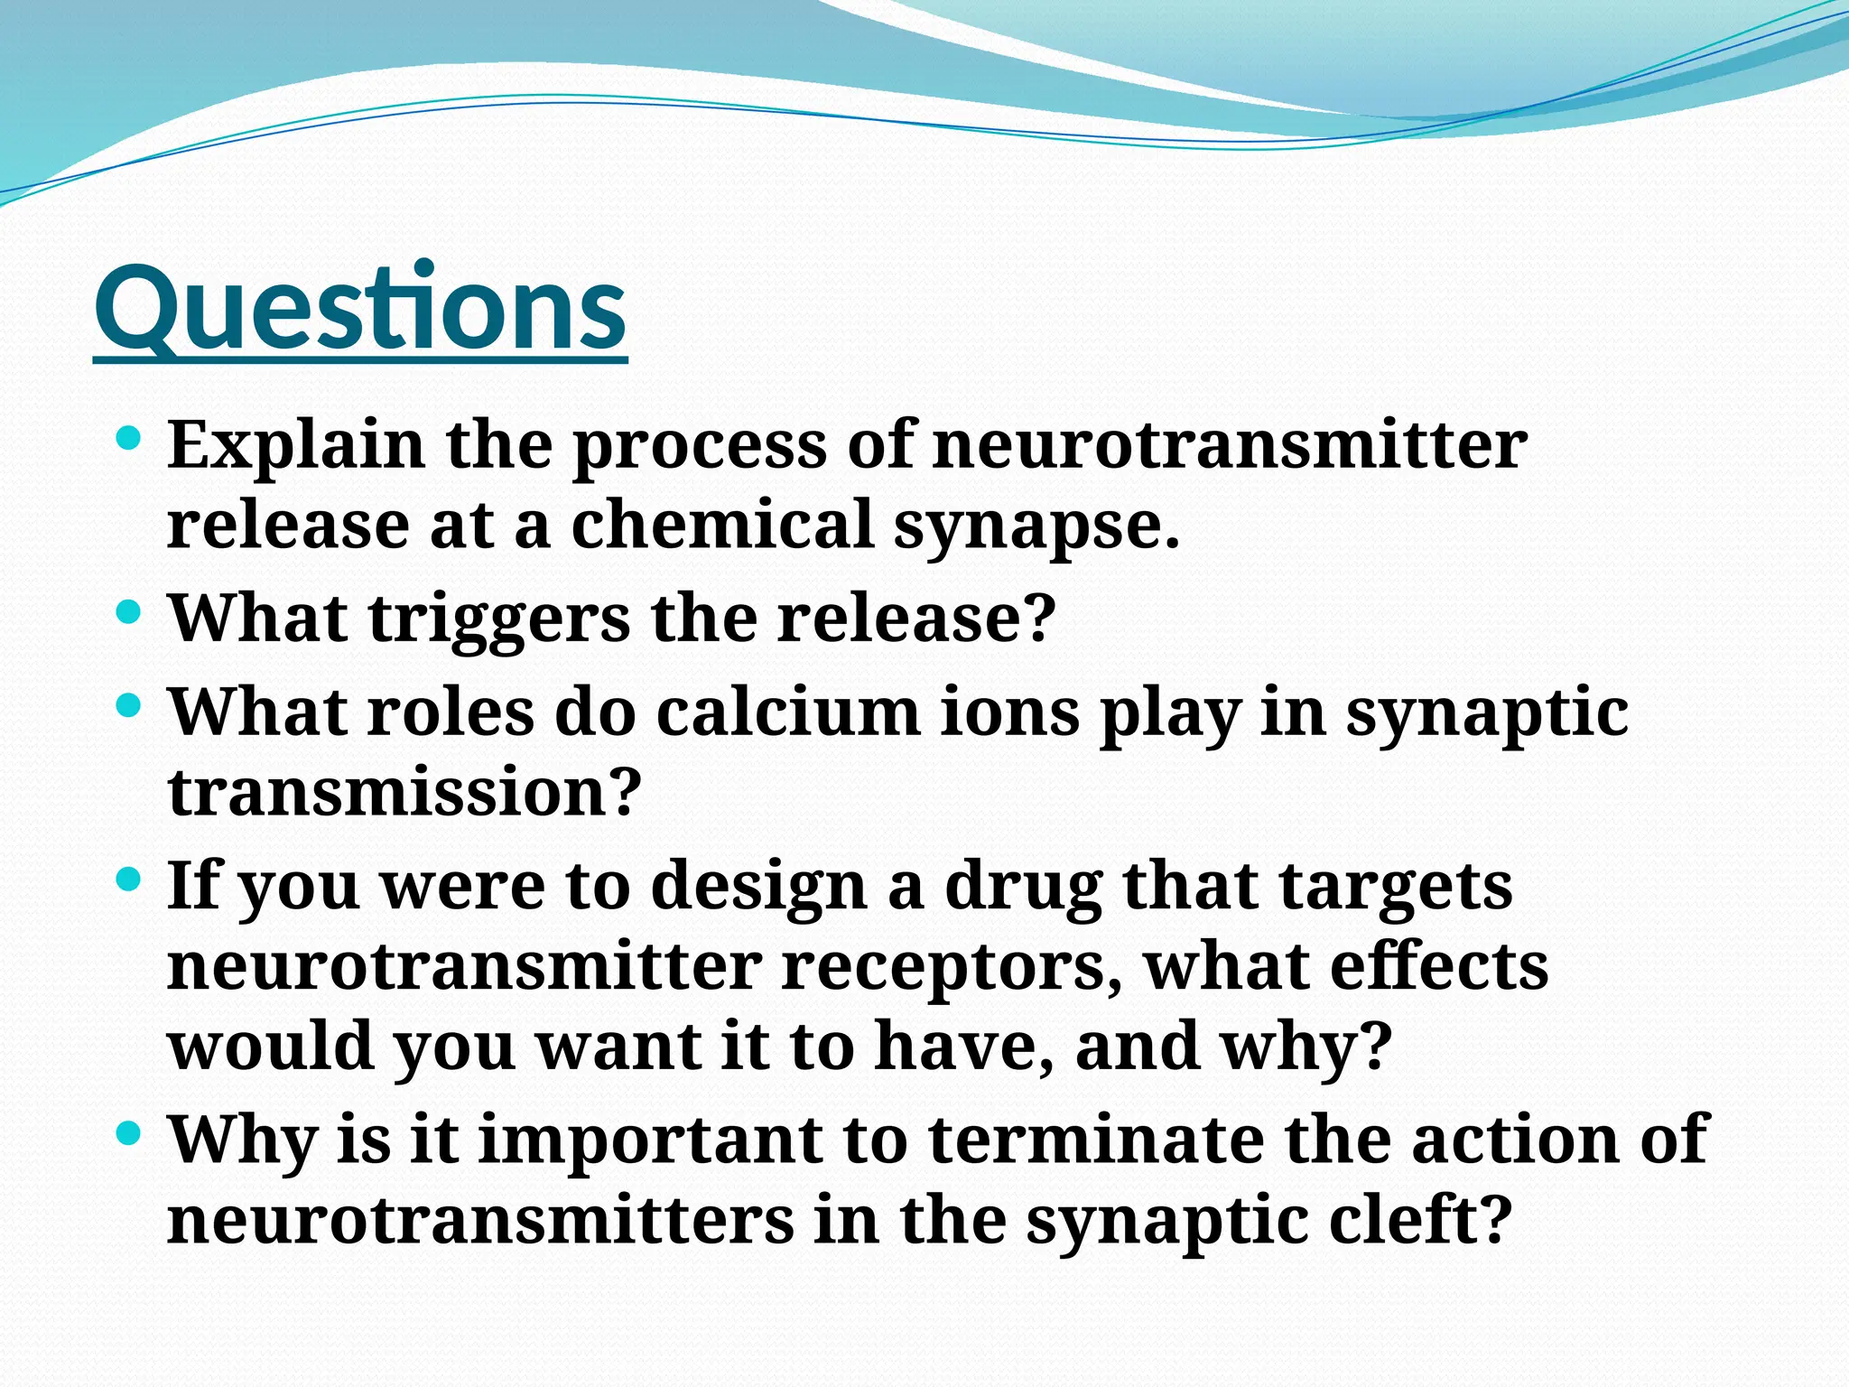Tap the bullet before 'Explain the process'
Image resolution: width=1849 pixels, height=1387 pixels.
tap(130, 441)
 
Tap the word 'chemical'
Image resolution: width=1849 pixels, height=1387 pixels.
tap(722, 525)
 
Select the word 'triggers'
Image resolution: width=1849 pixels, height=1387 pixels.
tap(499, 619)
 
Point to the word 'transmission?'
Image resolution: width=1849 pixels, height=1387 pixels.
tap(404, 792)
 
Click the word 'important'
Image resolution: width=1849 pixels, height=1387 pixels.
tap(649, 1139)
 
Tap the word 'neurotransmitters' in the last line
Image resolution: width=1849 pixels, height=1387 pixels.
tap(480, 1219)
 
